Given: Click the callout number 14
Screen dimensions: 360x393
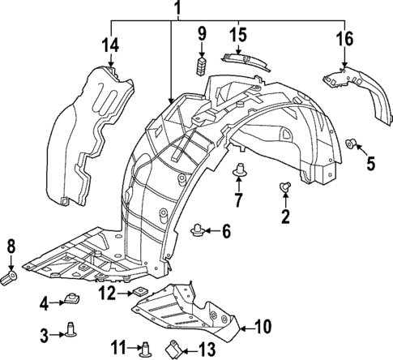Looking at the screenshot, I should pos(110,44).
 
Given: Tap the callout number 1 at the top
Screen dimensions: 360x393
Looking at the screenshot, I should pos(171,9).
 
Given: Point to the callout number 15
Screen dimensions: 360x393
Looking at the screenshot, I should pos(238,37).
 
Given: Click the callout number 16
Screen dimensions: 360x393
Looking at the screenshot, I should pos(344,39).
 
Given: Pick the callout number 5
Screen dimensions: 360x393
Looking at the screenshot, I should pos(371,163).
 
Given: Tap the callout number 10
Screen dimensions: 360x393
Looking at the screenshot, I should pos(262,328).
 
